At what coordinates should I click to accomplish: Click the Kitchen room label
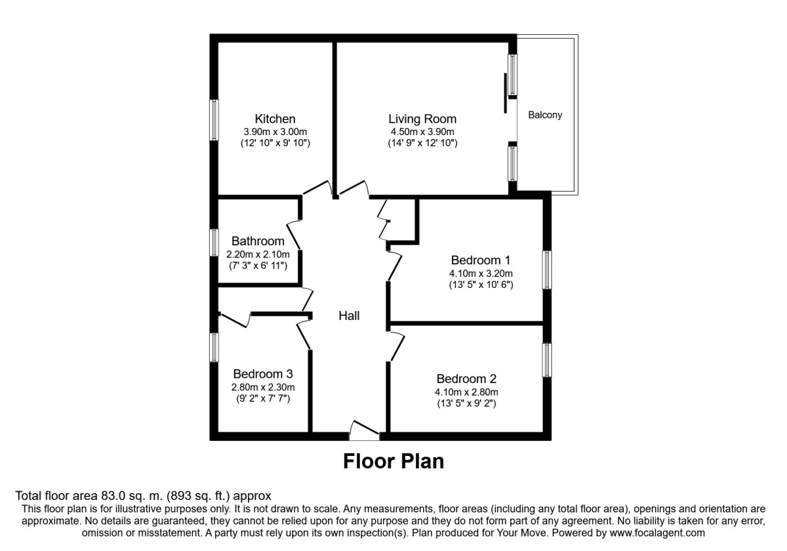tap(275, 119)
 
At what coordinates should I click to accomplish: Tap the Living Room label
tap(422, 119)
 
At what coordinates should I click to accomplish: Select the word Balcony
tap(546, 115)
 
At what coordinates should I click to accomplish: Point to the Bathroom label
tap(258, 241)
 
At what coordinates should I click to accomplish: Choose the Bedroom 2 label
tap(466, 378)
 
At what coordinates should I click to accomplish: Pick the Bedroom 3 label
tap(262, 373)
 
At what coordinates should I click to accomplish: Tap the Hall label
tap(349, 316)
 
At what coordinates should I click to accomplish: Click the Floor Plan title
tap(393, 461)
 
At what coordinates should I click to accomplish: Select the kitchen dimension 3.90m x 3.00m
tap(275, 131)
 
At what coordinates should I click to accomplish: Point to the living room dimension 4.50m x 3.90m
tap(422, 131)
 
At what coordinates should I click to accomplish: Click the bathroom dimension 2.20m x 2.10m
tap(258, 254)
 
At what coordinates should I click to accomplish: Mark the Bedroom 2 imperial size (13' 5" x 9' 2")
tap(466, 403)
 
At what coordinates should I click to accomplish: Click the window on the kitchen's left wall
tap(214, 119)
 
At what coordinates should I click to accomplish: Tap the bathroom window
tap(214, 241)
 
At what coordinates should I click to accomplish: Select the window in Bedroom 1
tap(546, 270)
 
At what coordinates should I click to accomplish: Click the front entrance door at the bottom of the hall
tap(364, 431)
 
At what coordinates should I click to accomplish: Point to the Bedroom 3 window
tap(214, 346)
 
